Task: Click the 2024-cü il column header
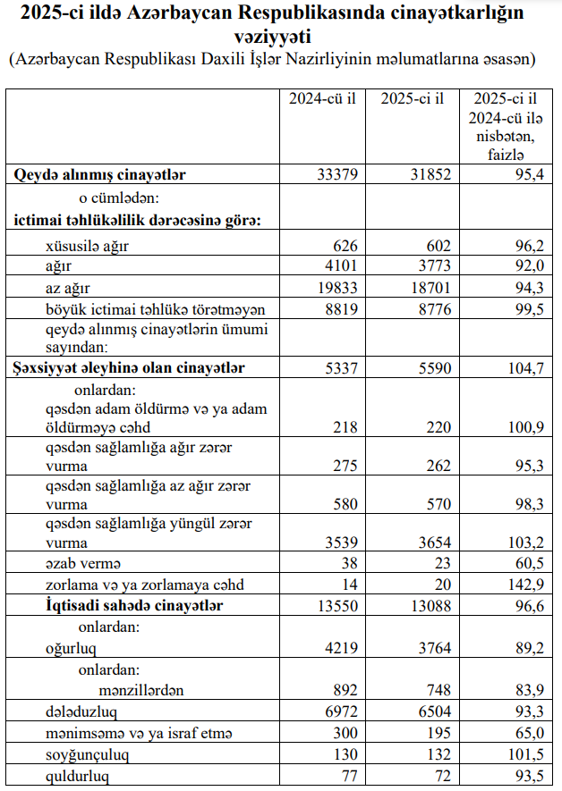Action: coord(321,98)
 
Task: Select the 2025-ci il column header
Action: coord(412,98)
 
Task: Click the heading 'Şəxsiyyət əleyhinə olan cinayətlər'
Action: coord(130,367)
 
